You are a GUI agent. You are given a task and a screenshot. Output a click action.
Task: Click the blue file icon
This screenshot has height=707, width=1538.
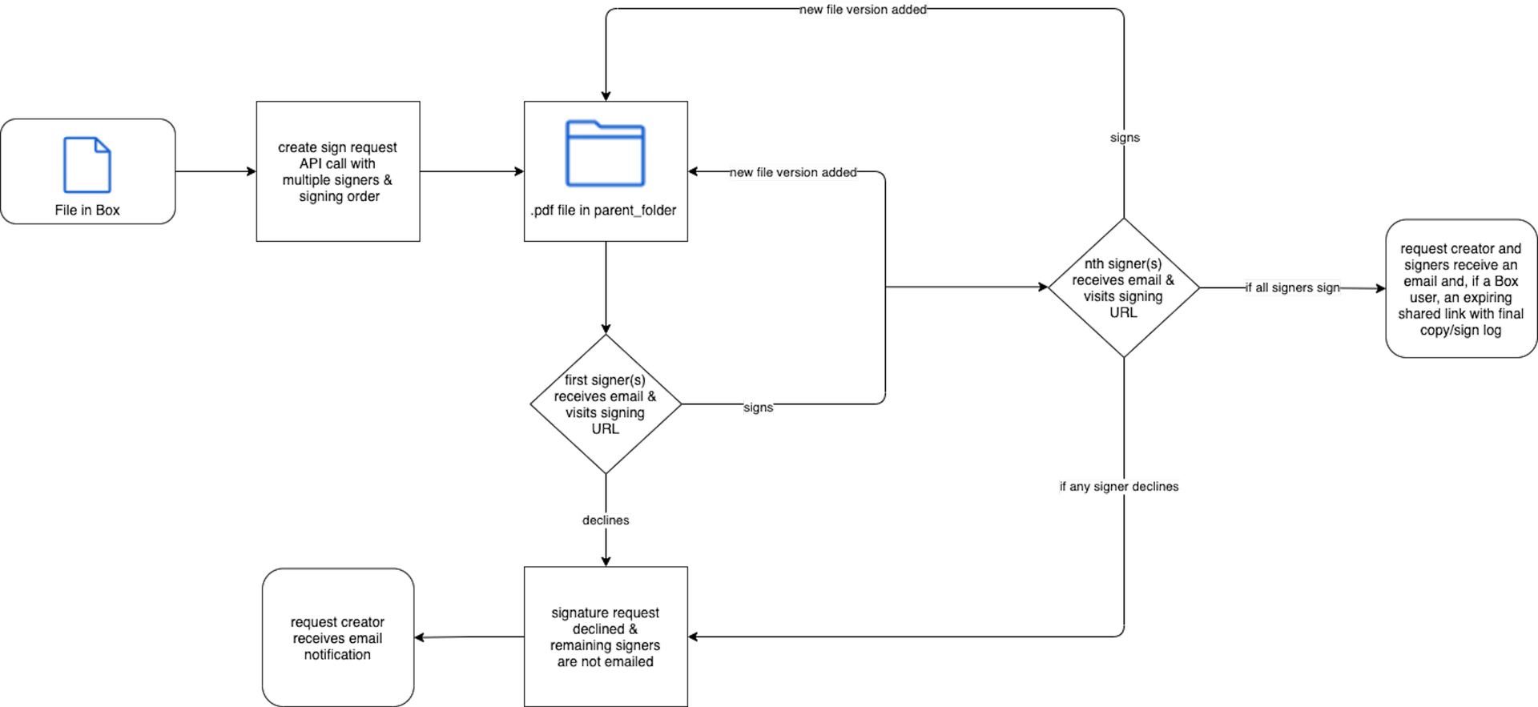[87, 165]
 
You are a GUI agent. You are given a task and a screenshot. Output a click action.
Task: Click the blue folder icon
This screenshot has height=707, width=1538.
[605, 154]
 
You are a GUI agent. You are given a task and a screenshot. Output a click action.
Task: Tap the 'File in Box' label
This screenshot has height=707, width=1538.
[87, 210]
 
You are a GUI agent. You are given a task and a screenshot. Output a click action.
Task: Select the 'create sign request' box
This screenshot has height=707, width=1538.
[338, 171]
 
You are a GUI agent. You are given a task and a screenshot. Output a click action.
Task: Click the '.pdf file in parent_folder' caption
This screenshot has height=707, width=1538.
[603, 210]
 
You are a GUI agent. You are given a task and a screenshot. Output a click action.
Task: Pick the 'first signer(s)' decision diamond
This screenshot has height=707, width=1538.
[606, 404]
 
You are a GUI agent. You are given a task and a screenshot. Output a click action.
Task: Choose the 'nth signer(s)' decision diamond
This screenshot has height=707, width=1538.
[1124, 287]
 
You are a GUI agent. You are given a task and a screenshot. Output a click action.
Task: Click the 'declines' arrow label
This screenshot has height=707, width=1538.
[606, 520]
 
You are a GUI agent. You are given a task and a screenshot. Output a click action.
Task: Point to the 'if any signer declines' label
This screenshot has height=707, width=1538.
[1119, 487]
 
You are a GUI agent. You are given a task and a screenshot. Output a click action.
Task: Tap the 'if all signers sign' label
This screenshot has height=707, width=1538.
[1292, 287]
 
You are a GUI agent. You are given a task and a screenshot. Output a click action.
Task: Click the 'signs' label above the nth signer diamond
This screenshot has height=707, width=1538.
[1125, 138]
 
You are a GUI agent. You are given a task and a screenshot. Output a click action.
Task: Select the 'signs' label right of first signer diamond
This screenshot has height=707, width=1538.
[758, 408]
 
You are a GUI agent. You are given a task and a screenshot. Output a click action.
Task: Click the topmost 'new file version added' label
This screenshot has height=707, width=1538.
[863, 10]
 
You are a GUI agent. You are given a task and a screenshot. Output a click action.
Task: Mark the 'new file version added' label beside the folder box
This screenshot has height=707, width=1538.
[793, 172]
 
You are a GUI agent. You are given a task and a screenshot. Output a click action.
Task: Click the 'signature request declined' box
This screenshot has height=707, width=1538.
[606, 637]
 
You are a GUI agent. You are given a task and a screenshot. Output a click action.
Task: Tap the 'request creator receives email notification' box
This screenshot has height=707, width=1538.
[338, 637]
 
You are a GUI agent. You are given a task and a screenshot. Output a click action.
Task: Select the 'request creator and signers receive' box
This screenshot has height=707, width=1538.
[1461, 288]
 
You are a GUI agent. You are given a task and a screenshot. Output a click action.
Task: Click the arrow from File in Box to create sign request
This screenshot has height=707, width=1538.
[215, 171]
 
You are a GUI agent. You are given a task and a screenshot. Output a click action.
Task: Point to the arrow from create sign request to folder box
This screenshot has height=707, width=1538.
[472, 171]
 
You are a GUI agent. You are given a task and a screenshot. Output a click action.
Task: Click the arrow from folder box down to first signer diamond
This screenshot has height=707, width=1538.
[606, 287]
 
